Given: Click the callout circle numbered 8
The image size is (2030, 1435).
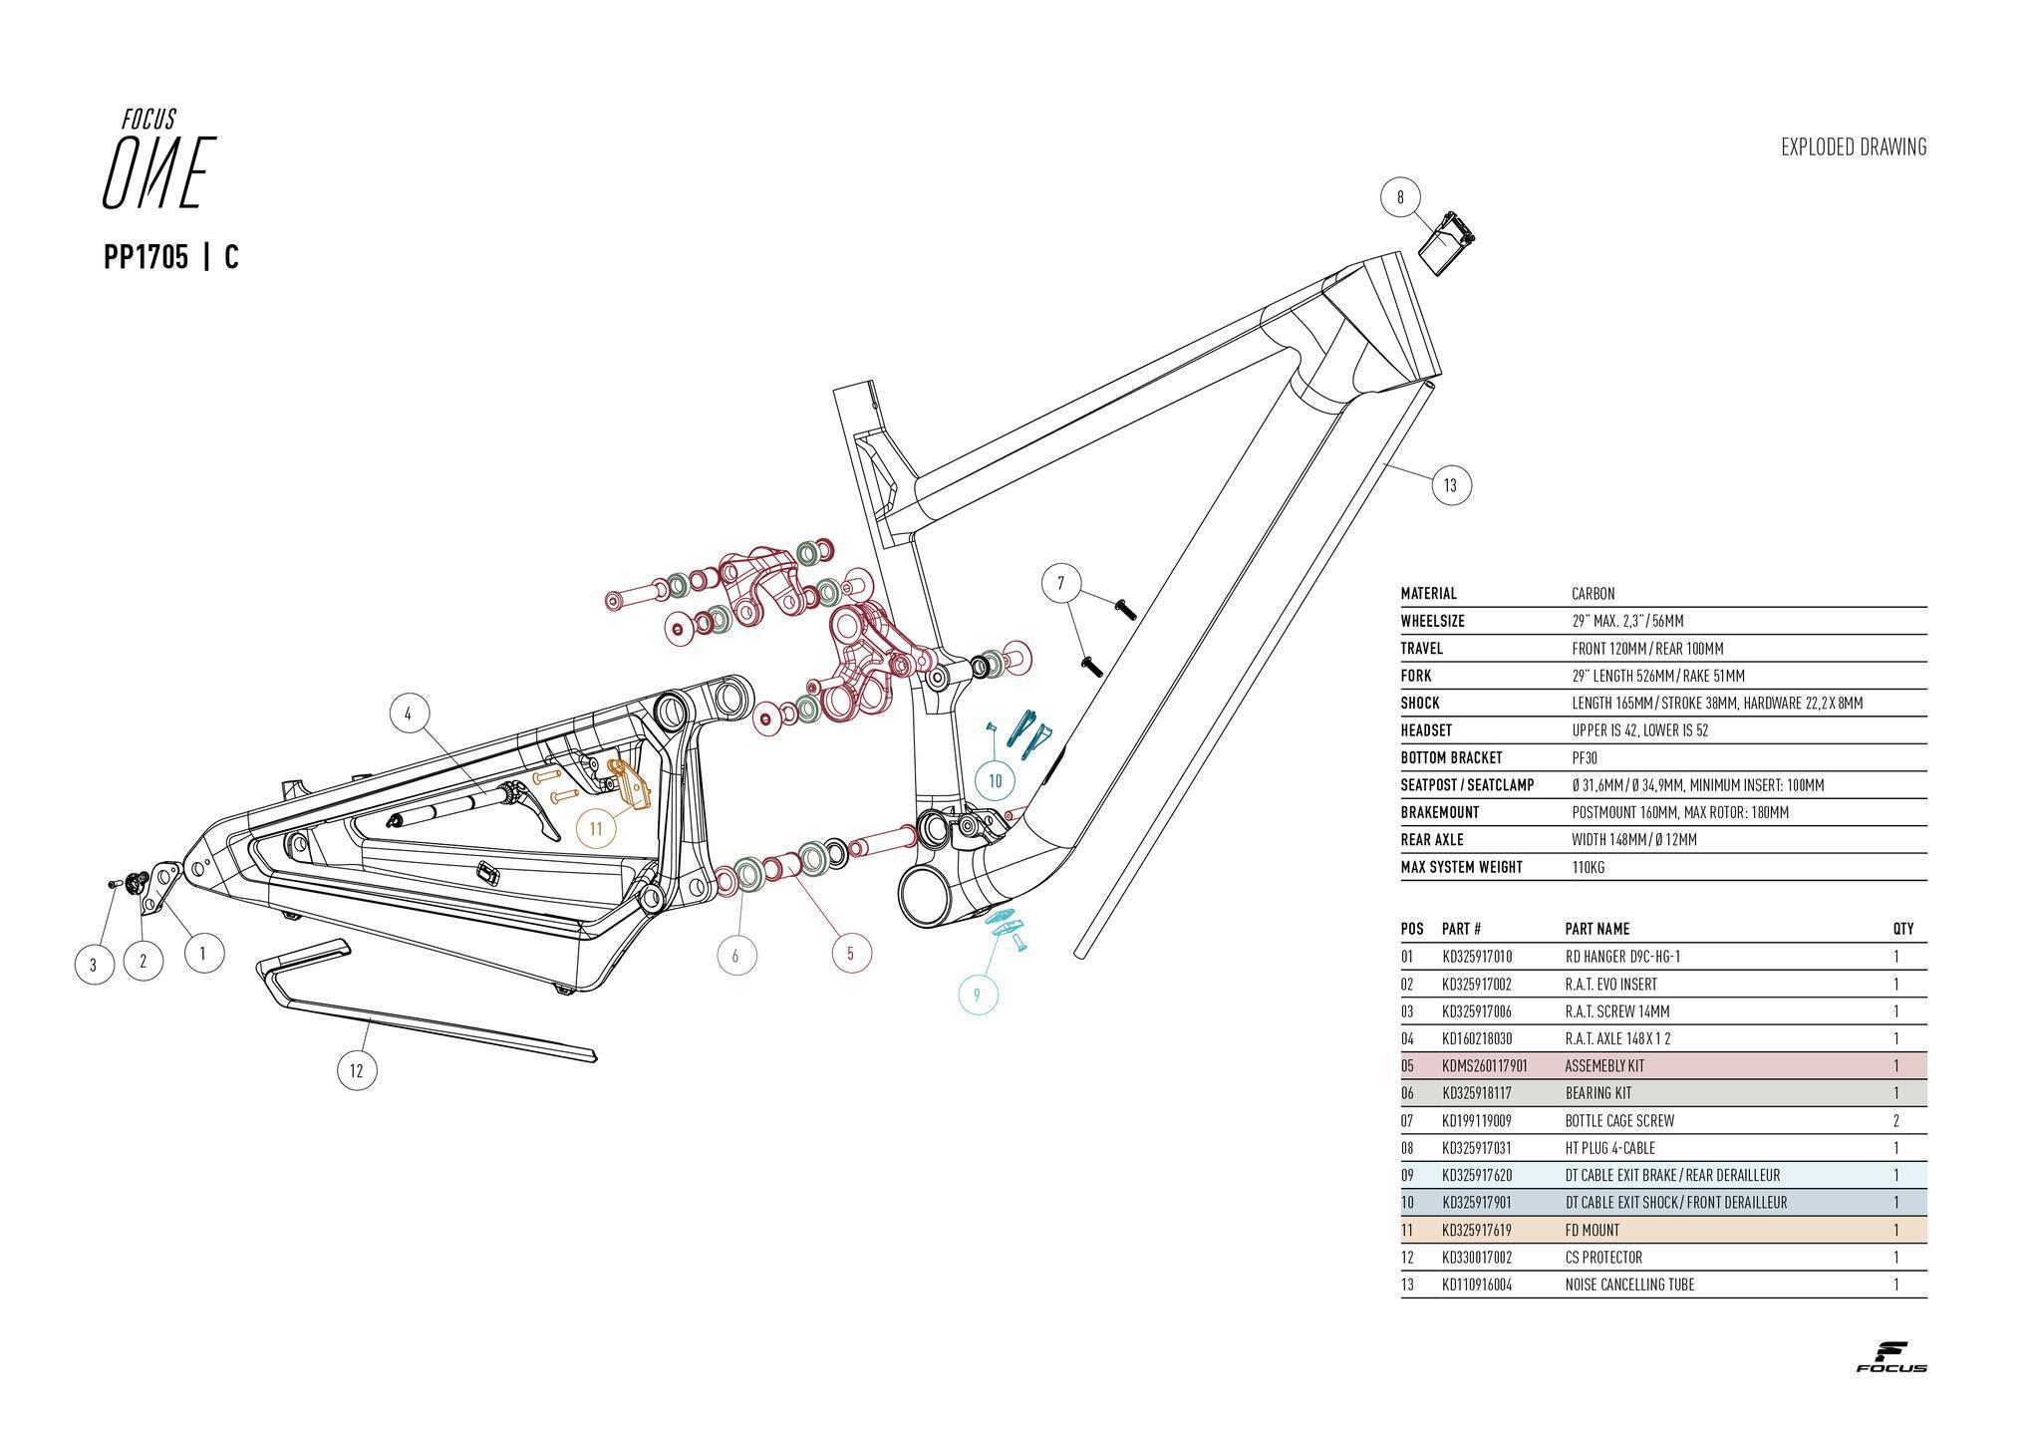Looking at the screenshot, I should click(x=1400, y=197).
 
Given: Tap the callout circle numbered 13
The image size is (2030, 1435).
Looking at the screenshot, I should click(x=1451, y=485).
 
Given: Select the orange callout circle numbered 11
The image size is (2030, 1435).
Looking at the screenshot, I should click(x=596, y=828).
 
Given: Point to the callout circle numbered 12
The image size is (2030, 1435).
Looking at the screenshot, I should click(x=357, y=1071).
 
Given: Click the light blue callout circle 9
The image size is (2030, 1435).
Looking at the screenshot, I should click(x=978, y=995).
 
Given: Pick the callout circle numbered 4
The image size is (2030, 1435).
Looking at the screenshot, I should click(x=408, y=714).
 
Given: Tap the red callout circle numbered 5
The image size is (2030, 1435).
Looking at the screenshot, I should click(x=850, y=954).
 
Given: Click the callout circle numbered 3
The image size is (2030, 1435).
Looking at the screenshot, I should click(x=94, y=965).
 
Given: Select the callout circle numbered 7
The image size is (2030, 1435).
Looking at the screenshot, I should click(x=1061, y=583).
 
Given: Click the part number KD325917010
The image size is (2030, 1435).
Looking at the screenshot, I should click(x=1477, y=958).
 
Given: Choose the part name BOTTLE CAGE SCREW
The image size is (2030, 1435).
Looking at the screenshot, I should click(x=1619, y=1121).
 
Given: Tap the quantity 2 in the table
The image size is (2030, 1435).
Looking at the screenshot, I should click(x=1895, y=1121).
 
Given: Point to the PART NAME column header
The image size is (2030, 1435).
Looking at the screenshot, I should click(x=1596, y=929).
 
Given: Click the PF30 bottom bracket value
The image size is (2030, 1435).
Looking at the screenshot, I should click(x=1586, y=758).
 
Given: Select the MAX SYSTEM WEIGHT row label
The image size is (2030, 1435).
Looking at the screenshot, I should click(x=1461, y=868).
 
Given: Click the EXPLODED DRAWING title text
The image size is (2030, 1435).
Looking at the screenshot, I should click(x=1854, y=147).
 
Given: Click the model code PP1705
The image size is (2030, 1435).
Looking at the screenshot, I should click(x=145, y=258).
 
